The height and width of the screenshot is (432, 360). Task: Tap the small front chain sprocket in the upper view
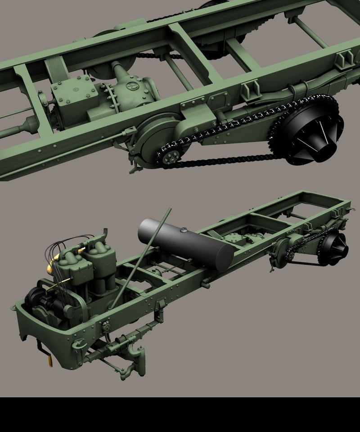(x=170, y=157)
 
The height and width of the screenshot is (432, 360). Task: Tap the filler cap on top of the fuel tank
(x=183, y=231)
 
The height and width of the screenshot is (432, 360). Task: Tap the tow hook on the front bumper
(x=77, y=344)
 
